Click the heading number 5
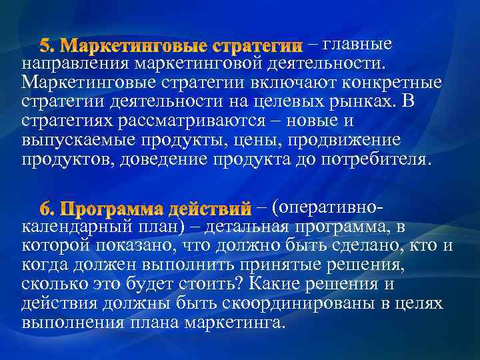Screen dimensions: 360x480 tap(47, 46)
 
